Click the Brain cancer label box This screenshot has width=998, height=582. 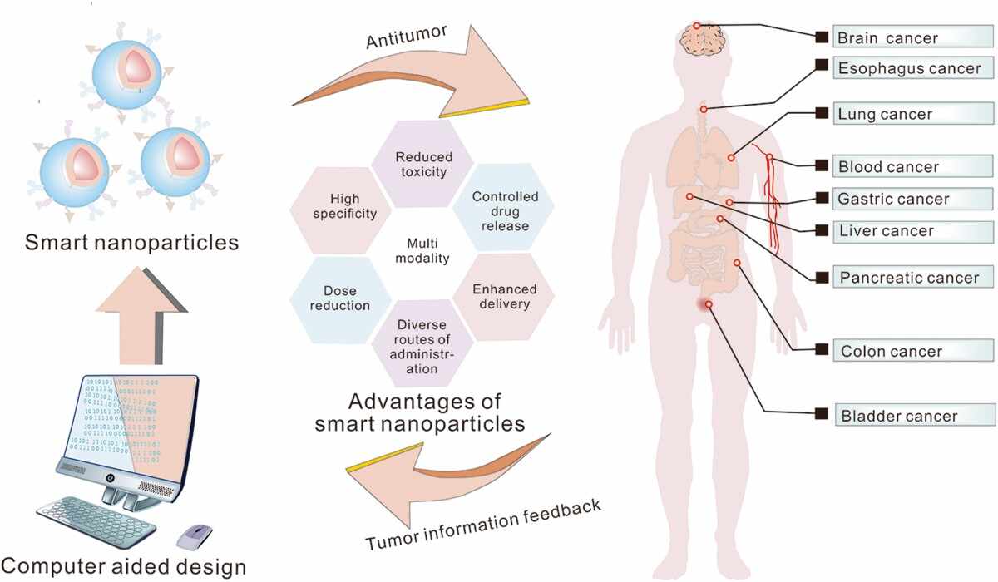coord(913,37)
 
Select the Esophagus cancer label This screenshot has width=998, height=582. coord(913,67)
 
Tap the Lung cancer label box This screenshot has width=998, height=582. coord(913,114)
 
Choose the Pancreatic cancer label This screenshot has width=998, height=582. coord(913,277)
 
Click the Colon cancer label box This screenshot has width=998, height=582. coord(913,350)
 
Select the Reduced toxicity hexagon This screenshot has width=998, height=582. coord(422,165)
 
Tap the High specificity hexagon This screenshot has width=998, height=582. coord(341,210)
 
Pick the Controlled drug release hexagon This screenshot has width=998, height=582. coord(504,208)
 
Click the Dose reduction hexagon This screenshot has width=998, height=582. coord(341,299)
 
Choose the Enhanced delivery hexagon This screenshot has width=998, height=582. coord(504,297)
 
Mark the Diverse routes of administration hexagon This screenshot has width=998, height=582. coord(422,343)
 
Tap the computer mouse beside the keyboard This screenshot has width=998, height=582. coord(195,537)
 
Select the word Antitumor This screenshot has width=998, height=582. coord(407,37)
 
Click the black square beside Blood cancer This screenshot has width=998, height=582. coord(822,165)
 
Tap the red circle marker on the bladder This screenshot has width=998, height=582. coord(709,304)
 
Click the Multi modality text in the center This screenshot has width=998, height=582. coord(422,251)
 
